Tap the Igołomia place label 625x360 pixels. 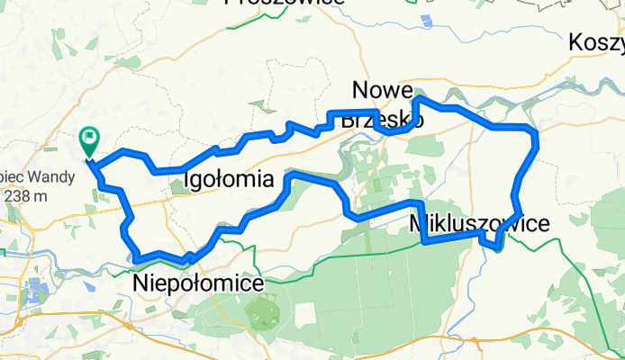point(229,179)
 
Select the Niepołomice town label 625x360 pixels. point(199,283)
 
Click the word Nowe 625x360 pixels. point(383,91)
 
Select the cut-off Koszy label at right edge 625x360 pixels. point(596,42)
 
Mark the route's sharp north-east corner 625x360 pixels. point(535,132)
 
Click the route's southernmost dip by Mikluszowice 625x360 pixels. point(497,247)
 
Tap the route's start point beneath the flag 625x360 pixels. point(89,161)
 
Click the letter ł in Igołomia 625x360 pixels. point(222,179)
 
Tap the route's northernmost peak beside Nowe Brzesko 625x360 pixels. point(418,99)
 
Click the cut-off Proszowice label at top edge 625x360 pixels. point(284,4)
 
